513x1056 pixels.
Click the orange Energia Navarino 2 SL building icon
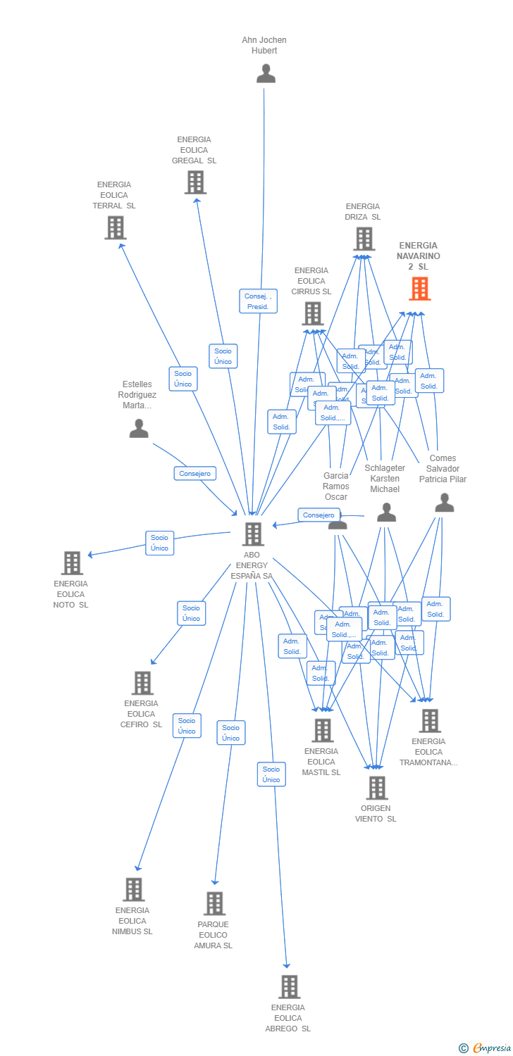click(419, 289)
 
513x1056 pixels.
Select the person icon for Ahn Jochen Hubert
click(266, 73)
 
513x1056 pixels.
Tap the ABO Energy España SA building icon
click(253, 534)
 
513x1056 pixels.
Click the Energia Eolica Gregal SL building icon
click(195, 182)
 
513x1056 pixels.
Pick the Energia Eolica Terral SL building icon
click(115, 227)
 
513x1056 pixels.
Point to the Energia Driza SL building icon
click(364, 239)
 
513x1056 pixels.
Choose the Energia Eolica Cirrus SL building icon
click(312, 313)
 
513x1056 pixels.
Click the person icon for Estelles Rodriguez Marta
click(139, 428)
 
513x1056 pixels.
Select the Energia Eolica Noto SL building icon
click(72, 563)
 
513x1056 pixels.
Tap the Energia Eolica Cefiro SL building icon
click(142, 683)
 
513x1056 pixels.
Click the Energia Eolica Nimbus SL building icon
click(133, 890)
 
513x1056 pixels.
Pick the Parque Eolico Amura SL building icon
click(214, 903)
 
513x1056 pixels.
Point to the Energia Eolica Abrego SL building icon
click(289, 987)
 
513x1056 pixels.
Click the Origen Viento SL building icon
click(377, 788)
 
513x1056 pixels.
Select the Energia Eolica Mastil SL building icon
click(323, 731)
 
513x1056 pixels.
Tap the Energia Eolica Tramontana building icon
click(430, 721)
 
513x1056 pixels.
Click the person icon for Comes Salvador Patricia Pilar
click(444, 503)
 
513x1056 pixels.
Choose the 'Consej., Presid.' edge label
click(259, 301)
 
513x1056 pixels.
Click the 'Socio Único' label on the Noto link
click(160, 543)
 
